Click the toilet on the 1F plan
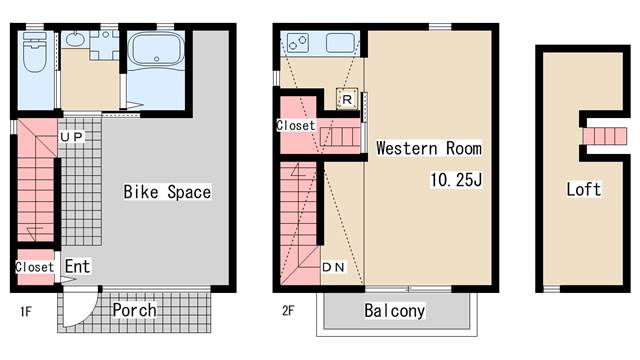[34, 52]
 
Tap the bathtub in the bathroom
[156, 49]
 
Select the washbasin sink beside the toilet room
[75, 40]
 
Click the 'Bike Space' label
[167, 192]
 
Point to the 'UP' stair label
[71, 137]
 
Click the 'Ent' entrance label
[78, 266]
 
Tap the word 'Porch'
[134, 310]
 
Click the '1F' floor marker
[26, 312]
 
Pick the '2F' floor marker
[288, 311]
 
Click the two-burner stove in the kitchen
[298, 42]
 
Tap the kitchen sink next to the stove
[340, 43]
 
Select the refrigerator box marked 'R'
[347, 99]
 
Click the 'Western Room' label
[429, 148]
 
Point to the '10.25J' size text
[456, 180]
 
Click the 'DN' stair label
[333, 267]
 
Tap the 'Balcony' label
[395, 311]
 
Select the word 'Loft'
[584, 189]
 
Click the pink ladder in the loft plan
[604, 136]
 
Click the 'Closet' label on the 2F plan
[296, 125]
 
